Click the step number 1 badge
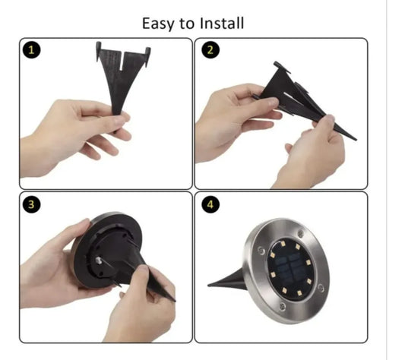[30, 51]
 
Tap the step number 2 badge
[208, 51]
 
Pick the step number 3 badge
[30, 205]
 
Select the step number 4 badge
[208, 205]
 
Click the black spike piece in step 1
[121, 77]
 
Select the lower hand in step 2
[312, 159]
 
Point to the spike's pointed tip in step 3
[172, 299]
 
